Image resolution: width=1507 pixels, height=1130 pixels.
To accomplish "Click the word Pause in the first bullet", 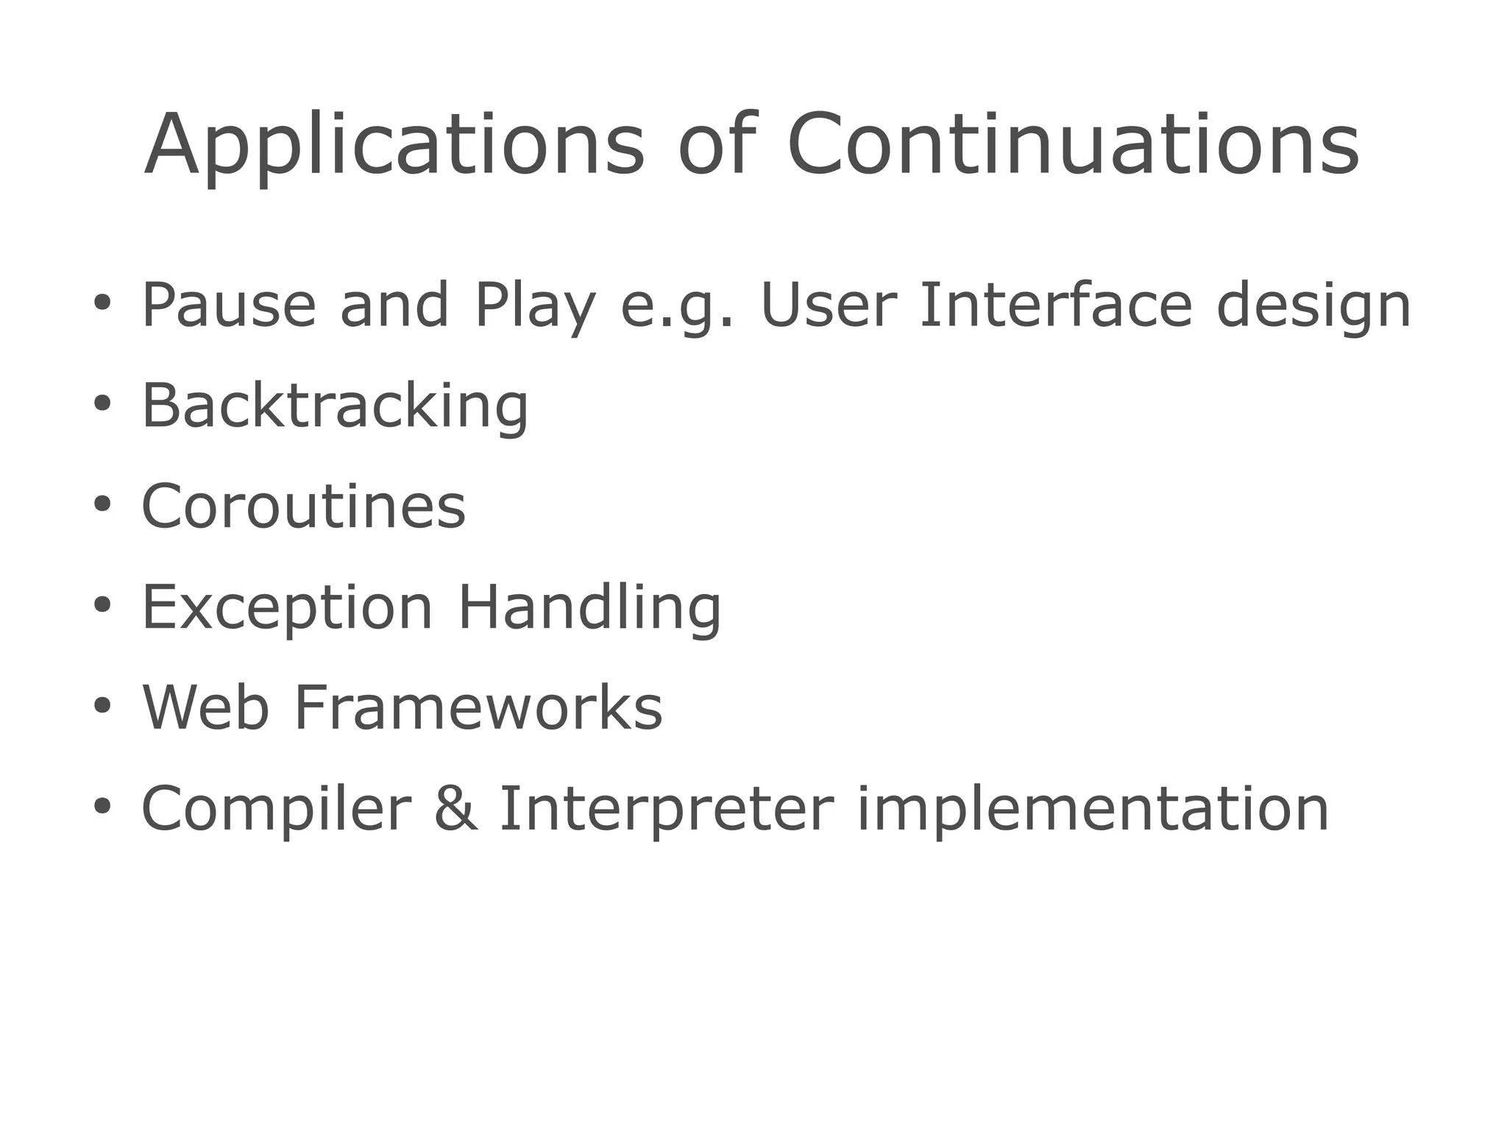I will click(228, 306).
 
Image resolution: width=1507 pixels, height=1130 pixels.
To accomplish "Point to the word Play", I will click(535, 306).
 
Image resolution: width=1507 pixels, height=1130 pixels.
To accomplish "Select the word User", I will click(828, 306).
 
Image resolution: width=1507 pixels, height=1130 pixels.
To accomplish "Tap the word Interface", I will click(1055, 306).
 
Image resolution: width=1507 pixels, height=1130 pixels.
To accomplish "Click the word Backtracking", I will click(335, 406).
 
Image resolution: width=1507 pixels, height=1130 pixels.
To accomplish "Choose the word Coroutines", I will click(303, 506).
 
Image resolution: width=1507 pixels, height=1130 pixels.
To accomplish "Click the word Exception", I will click(287, 607).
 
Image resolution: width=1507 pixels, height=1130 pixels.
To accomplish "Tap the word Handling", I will click(589, 607).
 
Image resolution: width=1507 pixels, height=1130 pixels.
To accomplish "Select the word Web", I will click(205, 707).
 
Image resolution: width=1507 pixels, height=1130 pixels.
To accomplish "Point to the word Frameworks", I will click(478, 707).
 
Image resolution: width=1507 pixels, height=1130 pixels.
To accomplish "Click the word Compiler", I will click(275, 808).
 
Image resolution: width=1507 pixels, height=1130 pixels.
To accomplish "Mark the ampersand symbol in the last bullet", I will click(455, 808).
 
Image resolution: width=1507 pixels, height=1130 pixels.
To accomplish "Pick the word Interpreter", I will click(667, 808).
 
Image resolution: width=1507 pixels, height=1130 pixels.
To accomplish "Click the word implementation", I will click(1093, 808).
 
